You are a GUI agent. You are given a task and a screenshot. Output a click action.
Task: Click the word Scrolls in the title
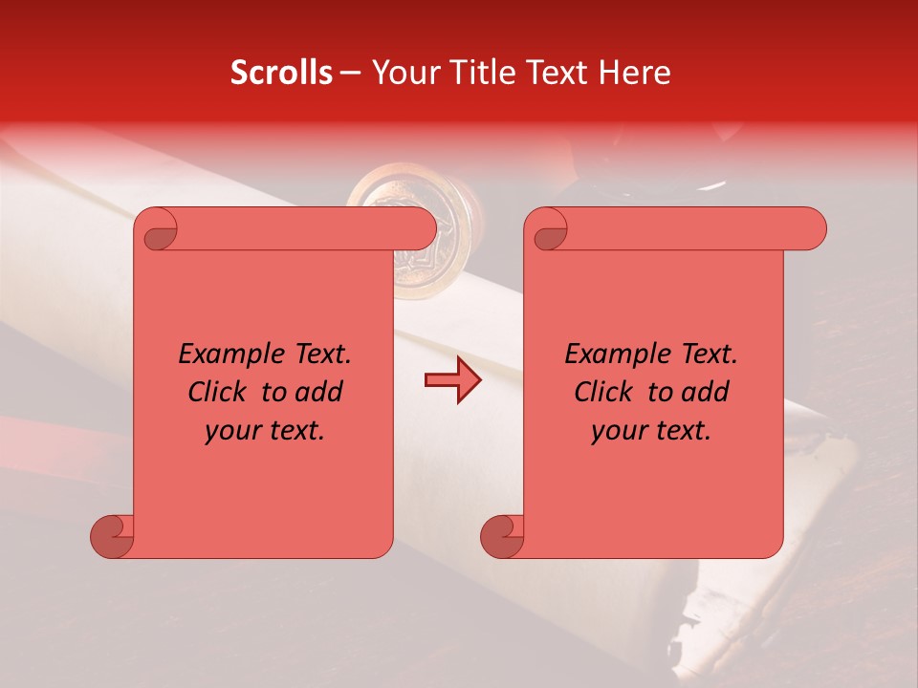pyautogui.click(x=281, y=73)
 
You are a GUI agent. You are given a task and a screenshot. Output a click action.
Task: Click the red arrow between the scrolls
pyautogui.click(x=452, y=380)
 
